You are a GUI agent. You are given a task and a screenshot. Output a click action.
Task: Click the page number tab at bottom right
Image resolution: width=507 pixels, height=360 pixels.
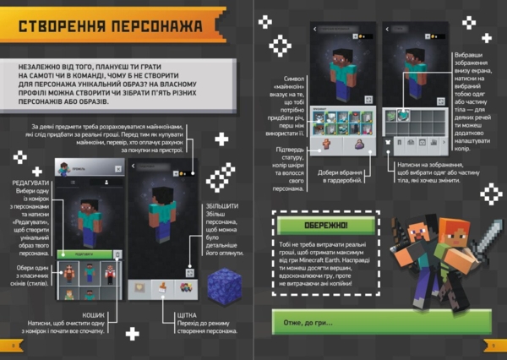495,346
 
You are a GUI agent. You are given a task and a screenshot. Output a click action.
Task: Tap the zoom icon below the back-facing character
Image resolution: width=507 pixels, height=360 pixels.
192,273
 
